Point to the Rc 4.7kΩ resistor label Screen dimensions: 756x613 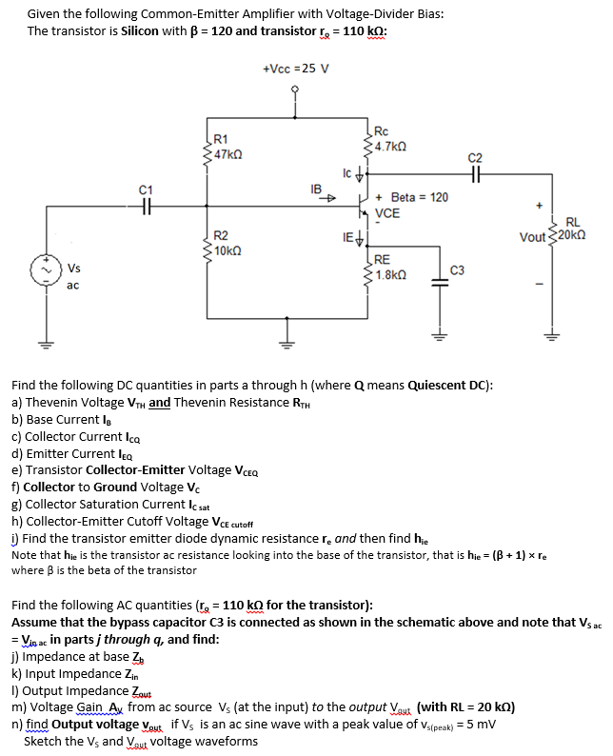(x=390, y=139)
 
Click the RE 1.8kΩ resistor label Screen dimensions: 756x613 (x=389, y=267)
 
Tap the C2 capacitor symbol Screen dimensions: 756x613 (x=476, y=174)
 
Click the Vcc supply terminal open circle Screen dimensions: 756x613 (x=295, y=92)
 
